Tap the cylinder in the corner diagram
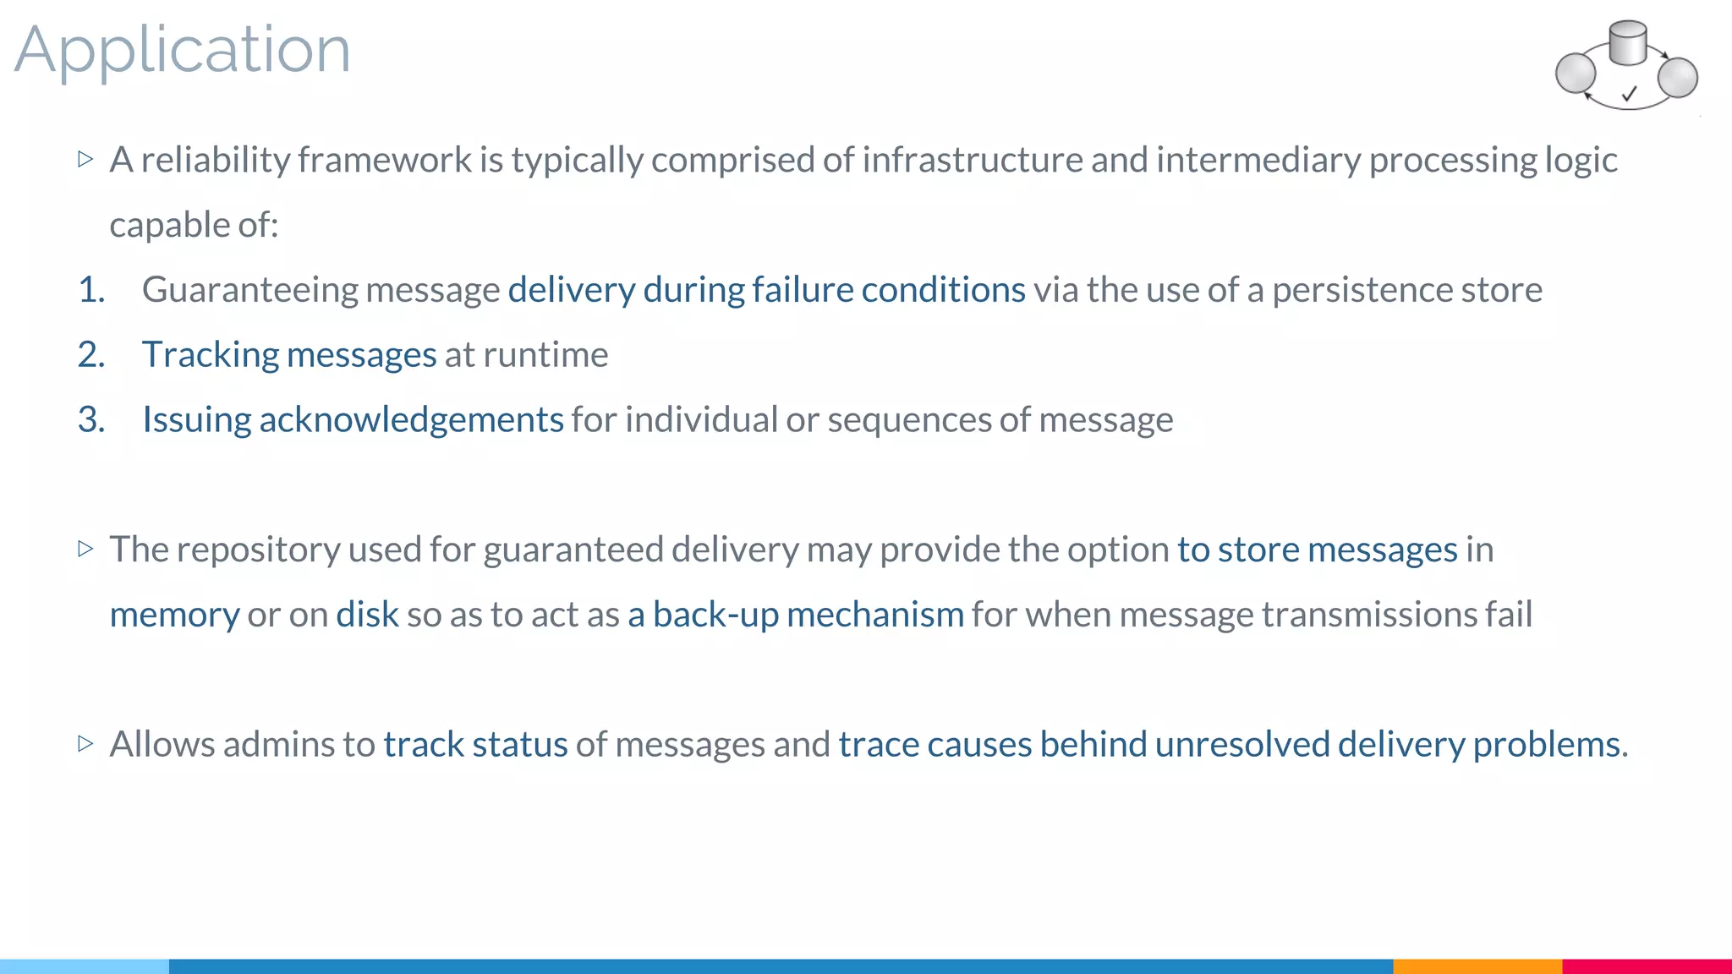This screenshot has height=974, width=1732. pyautogui.click(x=1627, y=43)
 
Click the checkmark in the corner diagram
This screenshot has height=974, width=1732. pyautogui.click(x=1630, y=93)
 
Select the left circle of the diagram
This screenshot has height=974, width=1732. pyautogui.click(x=1576, y=73)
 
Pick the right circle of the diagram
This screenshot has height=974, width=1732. pyautogui.click(x=1678, y=77)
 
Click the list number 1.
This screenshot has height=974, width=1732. pyautogui.click(x=91, y=290)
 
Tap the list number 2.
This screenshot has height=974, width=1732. pyautogui.click(x=91, y=355)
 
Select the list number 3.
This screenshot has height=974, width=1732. pyautogui.click(x=91, y=420)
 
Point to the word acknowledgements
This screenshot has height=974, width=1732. pyautogui.click(x=411, y=420)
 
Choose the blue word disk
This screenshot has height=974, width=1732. pyautogui.click(x=367, y=615)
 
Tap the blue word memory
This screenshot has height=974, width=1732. pyautogui.click(x=174, y=615)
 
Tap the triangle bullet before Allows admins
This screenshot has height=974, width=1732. pyautogui.click(x=85, y=744)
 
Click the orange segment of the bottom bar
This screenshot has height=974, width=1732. pyautogui.click(x=1477, y=966)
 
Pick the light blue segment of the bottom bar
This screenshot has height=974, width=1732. pyautogui.click(x=85, y=966)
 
